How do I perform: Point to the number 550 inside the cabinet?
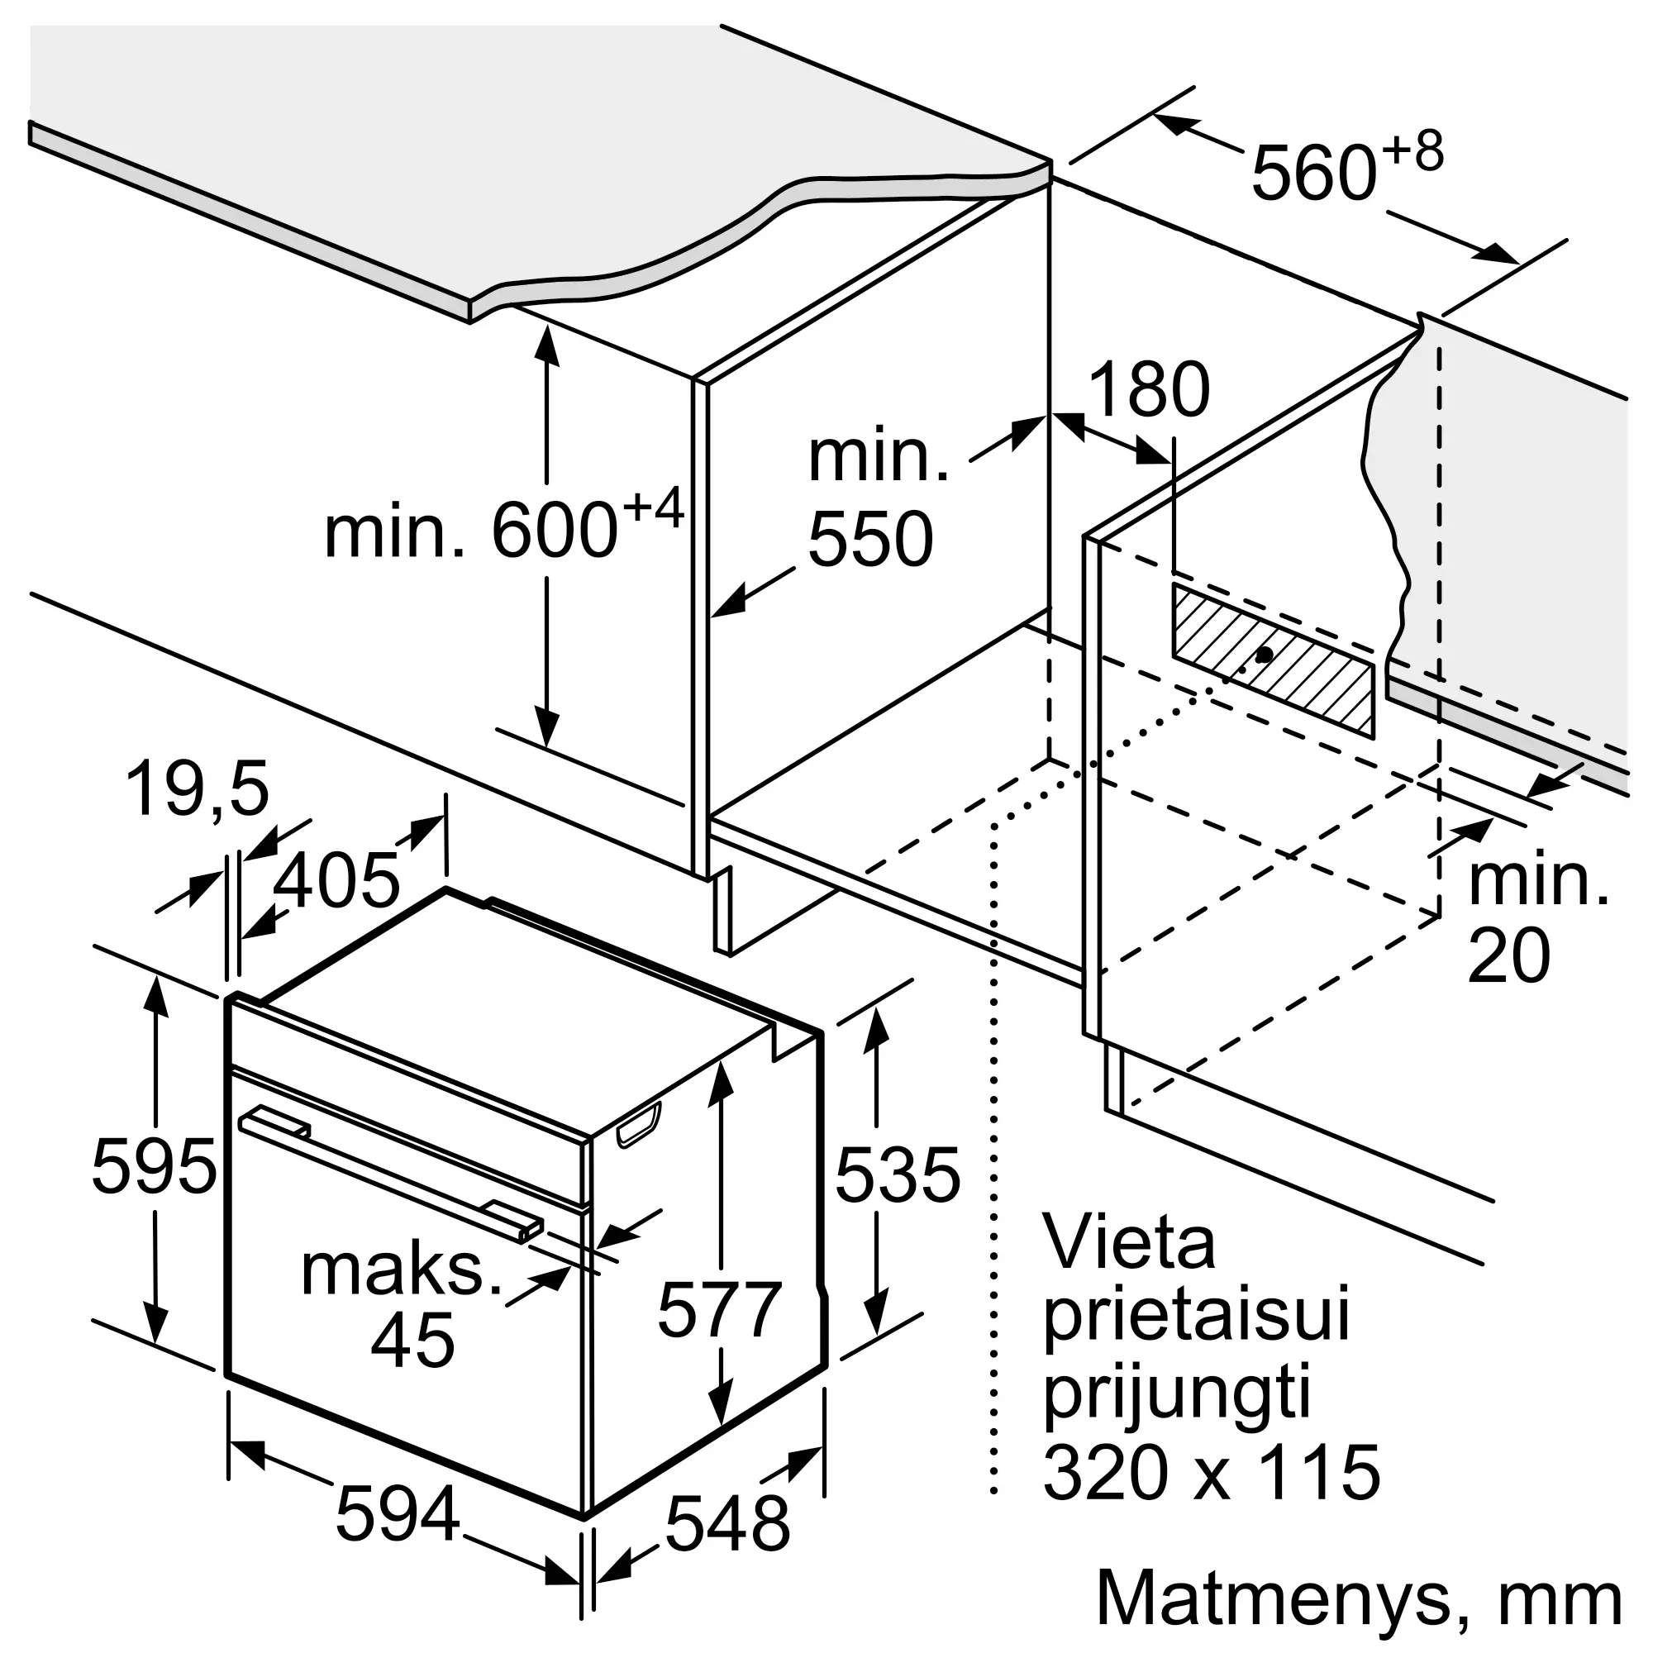[870, 538]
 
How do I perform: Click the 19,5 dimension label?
[198, 788]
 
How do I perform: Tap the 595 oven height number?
[154, 1165]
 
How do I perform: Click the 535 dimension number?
[898, 1174]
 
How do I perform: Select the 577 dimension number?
[720, 1309]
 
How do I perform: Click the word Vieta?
[1128, 1244]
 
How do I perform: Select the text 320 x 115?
[1212, 1473]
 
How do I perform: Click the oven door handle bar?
[390, 1174]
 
